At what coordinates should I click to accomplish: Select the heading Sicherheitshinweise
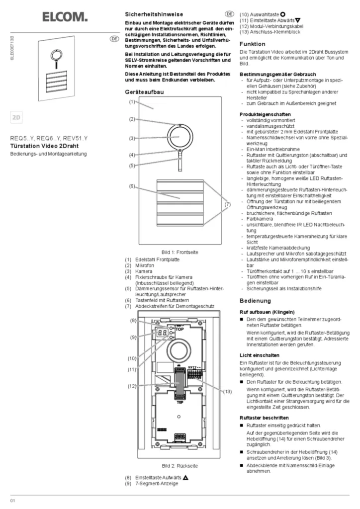tap(153, 15)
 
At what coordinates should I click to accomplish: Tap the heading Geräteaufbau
tap(145, 92)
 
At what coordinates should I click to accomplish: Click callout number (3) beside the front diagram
tap(132, 138)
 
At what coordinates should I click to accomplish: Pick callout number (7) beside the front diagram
tap(227, 204)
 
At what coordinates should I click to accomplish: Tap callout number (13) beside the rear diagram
tap(227, 391)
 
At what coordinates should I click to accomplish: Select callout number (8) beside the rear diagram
tap(133, 321)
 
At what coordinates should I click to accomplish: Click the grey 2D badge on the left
tap(16, 118)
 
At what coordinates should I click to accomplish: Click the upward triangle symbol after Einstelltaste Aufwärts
tap(185, 477)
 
